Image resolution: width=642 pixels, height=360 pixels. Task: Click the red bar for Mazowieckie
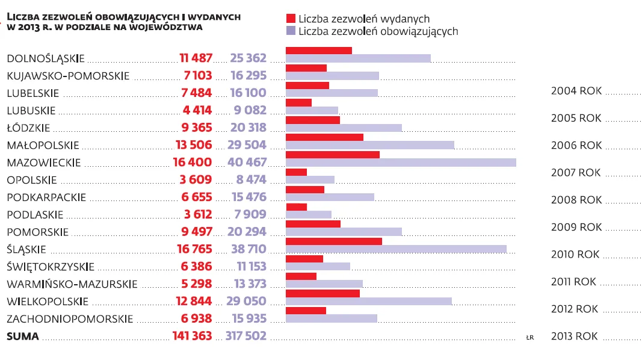tap(332, 155)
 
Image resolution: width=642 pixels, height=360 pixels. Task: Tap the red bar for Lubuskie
tap(298, 102)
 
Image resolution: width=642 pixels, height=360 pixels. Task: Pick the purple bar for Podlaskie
tap(308, 214)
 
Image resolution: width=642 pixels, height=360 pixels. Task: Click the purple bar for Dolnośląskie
tap(358, 58)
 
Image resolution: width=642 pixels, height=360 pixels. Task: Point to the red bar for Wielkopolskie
tap(323, 293)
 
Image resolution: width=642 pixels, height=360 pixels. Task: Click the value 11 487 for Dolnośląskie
tap(196, 58)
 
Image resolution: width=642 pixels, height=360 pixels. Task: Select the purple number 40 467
tap(247, 163)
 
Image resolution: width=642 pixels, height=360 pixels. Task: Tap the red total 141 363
tap(192, 337)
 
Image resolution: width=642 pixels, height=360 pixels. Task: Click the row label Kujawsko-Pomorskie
tap(68, 76)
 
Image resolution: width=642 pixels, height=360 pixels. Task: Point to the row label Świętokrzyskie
tap(51, 267)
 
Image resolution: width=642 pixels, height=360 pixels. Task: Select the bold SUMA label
tap(22, 337)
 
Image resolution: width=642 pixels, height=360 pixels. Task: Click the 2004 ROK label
tap(576, 92)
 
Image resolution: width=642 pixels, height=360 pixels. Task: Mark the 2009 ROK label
tap(576, 228)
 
